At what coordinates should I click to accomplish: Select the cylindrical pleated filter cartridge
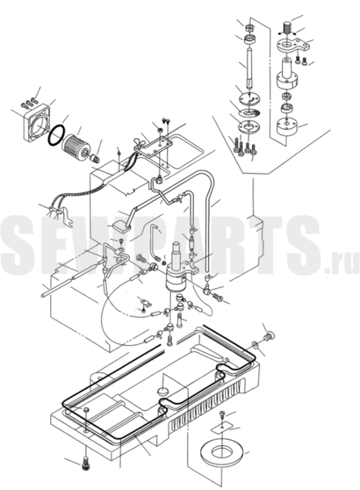[77, 147]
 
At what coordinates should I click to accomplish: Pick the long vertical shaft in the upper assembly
[250, 67]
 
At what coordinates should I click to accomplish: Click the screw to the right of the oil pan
[268, 337]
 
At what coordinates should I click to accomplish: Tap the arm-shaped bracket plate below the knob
[294, 45]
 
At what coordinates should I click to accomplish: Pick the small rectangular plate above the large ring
[221, 428]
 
